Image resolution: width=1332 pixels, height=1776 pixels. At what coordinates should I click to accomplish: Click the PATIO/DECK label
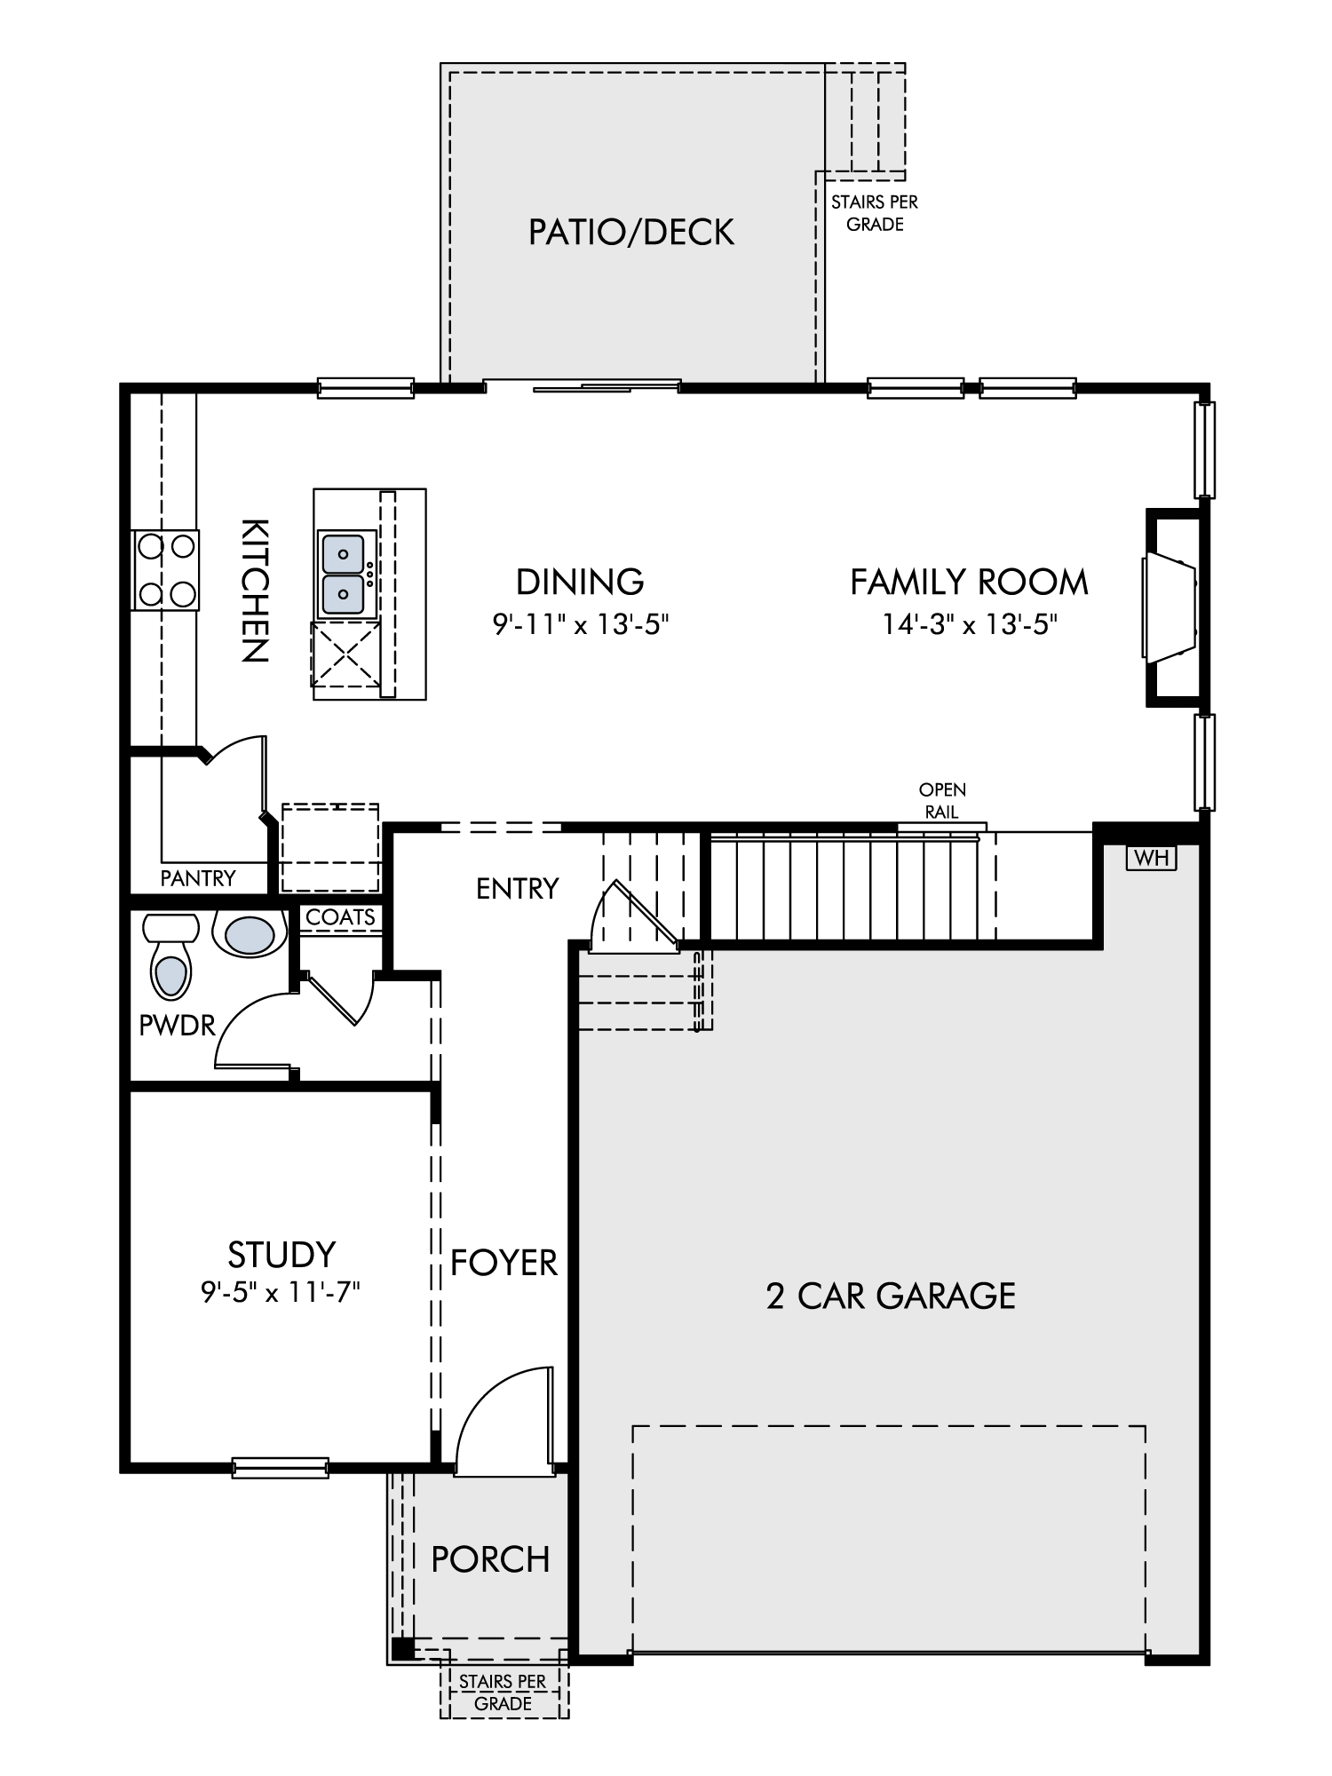631,233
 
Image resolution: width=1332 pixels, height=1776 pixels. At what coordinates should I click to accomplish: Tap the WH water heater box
1151,858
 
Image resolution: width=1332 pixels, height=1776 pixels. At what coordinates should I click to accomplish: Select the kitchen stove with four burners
165,570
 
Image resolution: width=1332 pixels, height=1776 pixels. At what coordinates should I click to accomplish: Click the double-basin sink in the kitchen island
342,574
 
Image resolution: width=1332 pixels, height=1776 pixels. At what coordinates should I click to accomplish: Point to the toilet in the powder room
170,956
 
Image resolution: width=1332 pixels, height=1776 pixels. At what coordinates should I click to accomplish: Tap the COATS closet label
340,917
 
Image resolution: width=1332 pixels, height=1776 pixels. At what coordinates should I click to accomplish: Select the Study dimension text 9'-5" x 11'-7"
281,1292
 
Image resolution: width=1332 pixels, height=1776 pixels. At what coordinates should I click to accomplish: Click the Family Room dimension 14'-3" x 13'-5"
969,625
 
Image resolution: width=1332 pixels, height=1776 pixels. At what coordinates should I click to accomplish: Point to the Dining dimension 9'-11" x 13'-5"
580,625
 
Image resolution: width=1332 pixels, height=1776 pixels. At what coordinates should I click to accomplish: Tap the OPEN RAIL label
942,800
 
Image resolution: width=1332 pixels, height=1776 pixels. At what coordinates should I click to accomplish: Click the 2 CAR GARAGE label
891,1296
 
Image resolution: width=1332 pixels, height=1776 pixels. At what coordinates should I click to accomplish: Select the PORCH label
490,1559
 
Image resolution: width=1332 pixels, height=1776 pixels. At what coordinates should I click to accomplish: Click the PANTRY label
198,878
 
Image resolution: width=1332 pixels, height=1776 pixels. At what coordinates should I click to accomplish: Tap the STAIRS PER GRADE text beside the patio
875,213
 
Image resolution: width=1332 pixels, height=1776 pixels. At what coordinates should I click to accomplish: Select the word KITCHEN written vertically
255,591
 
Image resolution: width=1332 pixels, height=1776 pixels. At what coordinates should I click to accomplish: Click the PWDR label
178,1026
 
